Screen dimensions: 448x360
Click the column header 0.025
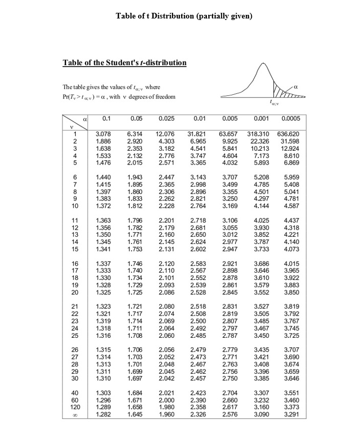pos(166,118)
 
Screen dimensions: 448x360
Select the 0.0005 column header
pos(291,118)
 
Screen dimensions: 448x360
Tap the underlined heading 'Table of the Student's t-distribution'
pos(124,63)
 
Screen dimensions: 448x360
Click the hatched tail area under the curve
pos(283,93)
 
